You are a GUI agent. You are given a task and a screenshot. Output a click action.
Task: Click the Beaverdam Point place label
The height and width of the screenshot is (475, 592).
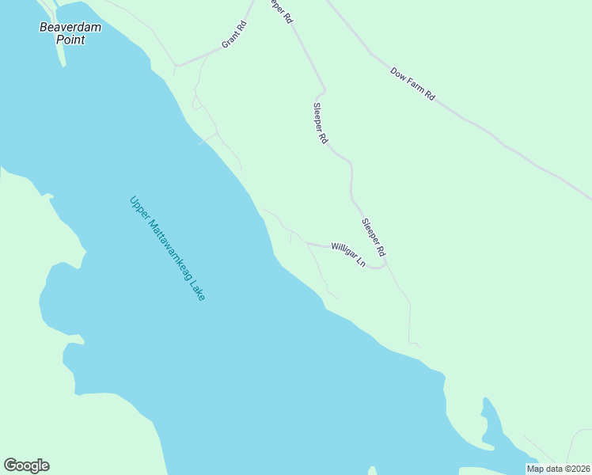coord(61,33)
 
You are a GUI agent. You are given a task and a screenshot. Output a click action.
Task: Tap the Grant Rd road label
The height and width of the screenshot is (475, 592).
coord(234,34)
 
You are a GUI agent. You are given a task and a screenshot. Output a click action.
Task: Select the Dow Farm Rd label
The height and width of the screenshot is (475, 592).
coord(412,83)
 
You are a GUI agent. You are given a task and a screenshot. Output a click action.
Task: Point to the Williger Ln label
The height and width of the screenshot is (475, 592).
coord(348,254)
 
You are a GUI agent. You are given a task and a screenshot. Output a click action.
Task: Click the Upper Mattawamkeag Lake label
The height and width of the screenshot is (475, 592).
coord(167,248)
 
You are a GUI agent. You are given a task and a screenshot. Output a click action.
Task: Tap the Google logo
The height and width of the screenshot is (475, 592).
coord(26,465)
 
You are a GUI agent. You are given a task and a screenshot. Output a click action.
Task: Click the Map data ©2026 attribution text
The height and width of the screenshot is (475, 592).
coord(558,469)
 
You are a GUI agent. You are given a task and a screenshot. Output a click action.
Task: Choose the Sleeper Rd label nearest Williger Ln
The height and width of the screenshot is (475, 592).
coord(373,237)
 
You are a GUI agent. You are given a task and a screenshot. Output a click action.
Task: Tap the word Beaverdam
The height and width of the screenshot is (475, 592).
coord(61,27)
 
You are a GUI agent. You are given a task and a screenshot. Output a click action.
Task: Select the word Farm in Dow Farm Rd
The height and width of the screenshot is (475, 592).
coord(415,85)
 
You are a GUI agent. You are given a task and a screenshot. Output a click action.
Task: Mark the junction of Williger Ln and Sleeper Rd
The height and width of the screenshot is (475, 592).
coord(385,264)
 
